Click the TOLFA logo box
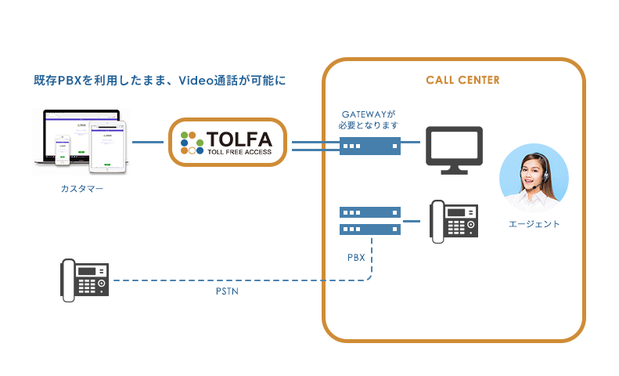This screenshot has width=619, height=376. pos(228,143)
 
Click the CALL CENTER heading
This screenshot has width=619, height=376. pos(462,80)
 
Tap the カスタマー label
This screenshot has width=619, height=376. pos(81,189)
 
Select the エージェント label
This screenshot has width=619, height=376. pos(534,224)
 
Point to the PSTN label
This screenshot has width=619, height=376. pos(228,292)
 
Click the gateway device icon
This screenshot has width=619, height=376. pos(370,145)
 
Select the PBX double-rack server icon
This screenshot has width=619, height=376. pos(370,220)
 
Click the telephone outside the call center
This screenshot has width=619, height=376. pos(85,280)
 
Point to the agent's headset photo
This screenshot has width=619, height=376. pos(534,176)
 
